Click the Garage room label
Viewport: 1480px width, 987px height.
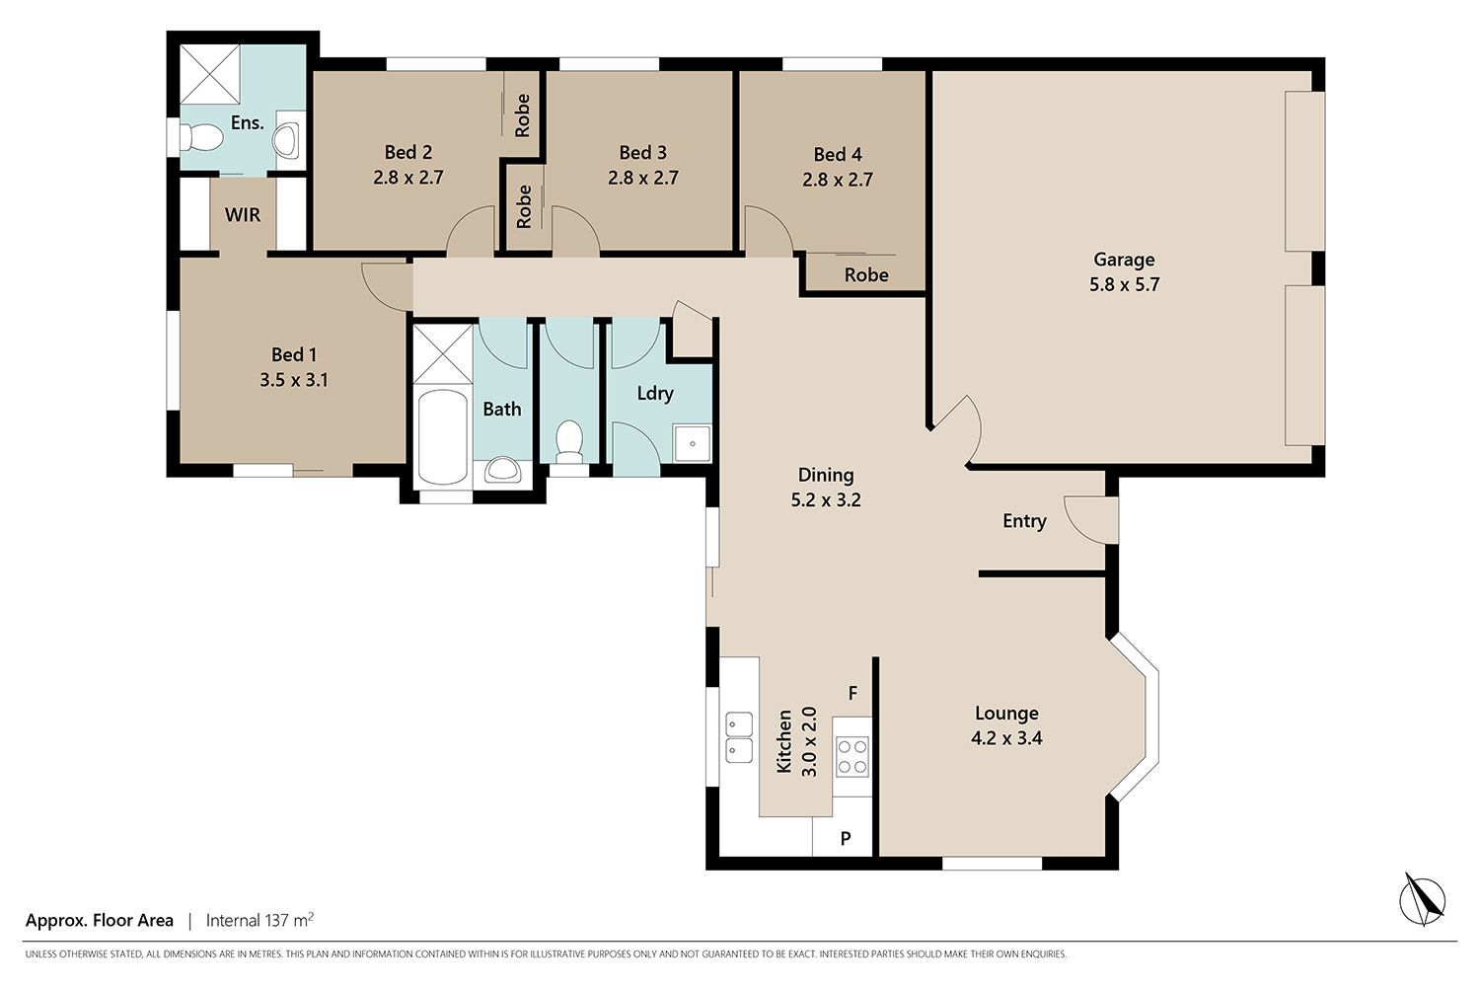pyautogui.click(x=1124, y=260)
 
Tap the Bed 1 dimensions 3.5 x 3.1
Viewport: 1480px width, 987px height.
pyautogui.click(x=294, y=380)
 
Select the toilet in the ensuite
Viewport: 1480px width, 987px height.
pyautogui.click(x=201, y=137)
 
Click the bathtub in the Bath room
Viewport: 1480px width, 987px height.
pyautogui.click(x=442, y=437)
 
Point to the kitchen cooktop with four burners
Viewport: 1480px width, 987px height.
pyautogui.click(x=852, y=757)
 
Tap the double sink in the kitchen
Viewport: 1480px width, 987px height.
pyautogui.click(x=739, y=737)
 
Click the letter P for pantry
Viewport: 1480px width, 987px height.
pyautogui.click(x=846, y=838)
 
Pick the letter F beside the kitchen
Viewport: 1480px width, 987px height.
pyautogui.click(x=853, y=693)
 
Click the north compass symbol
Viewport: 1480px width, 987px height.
pyautogui.click(x=1423, y=901)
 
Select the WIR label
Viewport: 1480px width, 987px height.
pyautogui.click(x=243, y=215)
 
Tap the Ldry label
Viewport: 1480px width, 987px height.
pyautogui.click(x=655, y=394)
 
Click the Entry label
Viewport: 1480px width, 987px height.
pyautogui.click(x=1024, y=521)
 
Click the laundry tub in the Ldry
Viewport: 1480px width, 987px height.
pyautogui.click(x=692, y=443)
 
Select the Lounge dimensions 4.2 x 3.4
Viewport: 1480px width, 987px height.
pyautogui.click(x=1006, y=737)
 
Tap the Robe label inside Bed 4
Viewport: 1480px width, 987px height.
pyautogui.click(x=866, y=275)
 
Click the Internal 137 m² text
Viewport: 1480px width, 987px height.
pyautogui.click(x=259, y=920)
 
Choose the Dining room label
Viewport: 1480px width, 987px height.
pyautogui.click(x=826, y=476)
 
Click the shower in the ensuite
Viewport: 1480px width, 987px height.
pyautogui.click(x=210, y=74)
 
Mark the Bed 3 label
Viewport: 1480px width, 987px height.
pyautogui.click(x=643, y=153)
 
